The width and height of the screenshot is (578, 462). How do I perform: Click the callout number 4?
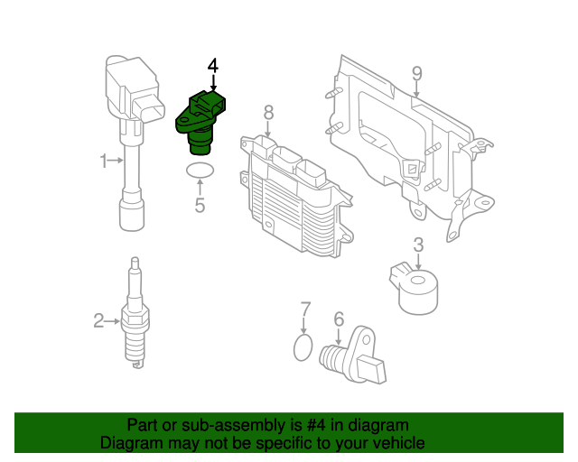213,65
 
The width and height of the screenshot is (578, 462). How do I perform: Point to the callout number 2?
98,319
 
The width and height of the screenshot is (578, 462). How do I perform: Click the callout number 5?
200,206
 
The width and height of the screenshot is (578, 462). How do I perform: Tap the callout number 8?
268,112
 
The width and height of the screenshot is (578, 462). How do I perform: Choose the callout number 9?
416,73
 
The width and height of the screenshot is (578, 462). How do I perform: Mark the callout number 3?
418,245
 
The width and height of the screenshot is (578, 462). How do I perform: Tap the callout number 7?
305,309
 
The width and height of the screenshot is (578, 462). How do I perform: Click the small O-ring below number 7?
305,347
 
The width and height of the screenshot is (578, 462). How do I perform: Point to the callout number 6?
339,319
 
